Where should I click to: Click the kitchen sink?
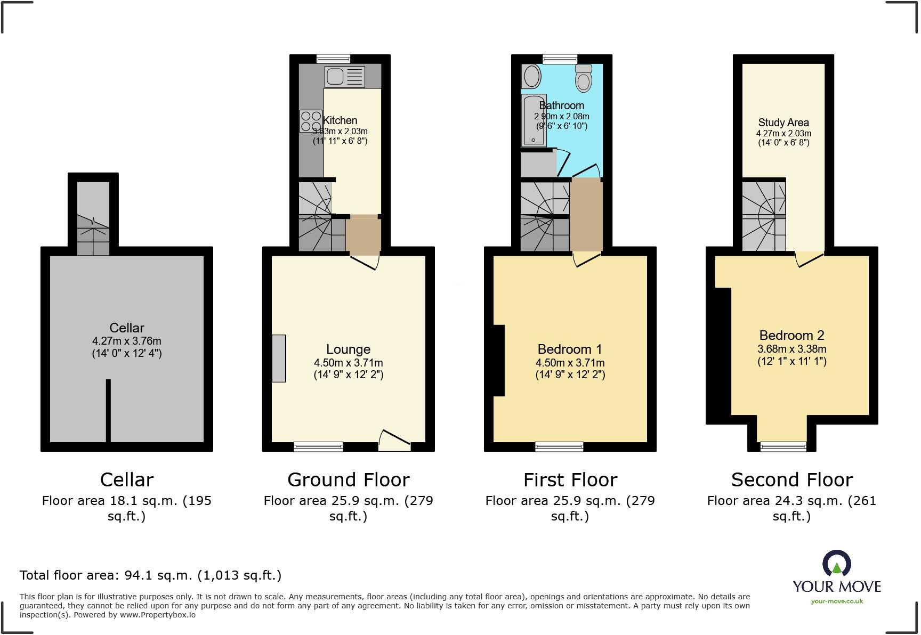tap(345, 77)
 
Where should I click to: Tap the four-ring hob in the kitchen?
tap(311, 121)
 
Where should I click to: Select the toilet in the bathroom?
tap(584, 78)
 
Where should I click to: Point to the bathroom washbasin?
tap(531, 76)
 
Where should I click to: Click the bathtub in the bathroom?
tap(534, 120)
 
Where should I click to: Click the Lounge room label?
tap(349, 349)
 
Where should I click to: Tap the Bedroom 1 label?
tap(570, 349)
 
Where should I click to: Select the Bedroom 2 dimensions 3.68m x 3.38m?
tap(792, 349)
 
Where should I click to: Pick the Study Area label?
tap(783, 123)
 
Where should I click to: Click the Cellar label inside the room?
tap(127, 328)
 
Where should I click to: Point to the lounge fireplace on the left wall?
tap(279, 359)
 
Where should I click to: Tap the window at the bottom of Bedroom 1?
tap(560, 447)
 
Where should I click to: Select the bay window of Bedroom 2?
tap(783, 447)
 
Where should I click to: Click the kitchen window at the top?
tap(333, 59)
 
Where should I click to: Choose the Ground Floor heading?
tap(349, 480)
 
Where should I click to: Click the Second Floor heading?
tap(792, 480)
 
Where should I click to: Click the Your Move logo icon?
tap(837, 563)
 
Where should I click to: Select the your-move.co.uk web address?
tap(837, 601)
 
